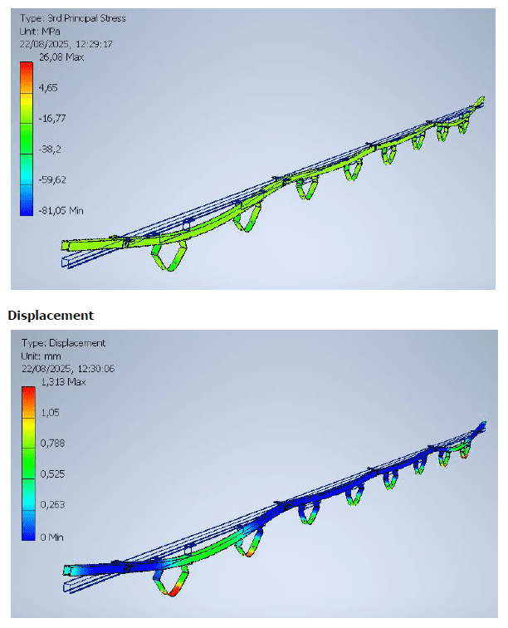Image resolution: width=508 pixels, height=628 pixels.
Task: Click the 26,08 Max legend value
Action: point(61,56)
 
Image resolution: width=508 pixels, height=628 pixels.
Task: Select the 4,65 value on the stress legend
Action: point(48,87)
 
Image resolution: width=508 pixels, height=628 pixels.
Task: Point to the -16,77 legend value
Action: point(52,118)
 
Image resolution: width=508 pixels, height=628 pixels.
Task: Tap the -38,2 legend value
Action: point(50,149)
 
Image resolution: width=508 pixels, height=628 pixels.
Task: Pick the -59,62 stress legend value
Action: point(52,179)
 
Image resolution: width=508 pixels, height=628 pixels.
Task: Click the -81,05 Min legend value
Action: point(61,210)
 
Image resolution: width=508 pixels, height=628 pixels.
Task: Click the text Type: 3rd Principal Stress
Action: point(73,18)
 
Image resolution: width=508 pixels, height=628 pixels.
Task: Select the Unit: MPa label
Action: point(40,31)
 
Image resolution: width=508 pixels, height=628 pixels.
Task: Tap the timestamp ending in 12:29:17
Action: point(66,44)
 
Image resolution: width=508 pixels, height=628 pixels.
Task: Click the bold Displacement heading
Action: point(51,315)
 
